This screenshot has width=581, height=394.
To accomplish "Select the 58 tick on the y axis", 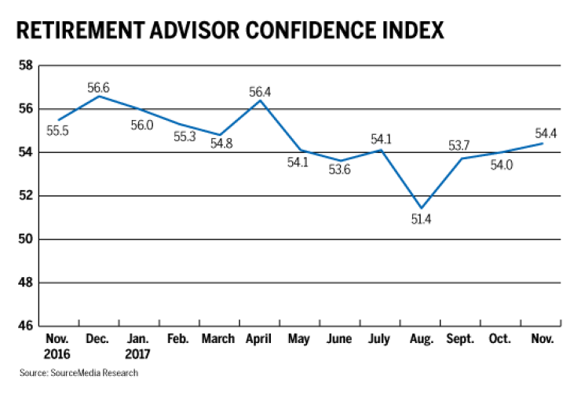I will click(x=26, y=65).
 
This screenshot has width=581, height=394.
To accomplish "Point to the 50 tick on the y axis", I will click(x=26, y=239).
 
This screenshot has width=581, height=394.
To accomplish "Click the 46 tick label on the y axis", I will click(x=26, y=325).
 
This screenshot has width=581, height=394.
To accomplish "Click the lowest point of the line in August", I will click(x=422, y=209).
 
